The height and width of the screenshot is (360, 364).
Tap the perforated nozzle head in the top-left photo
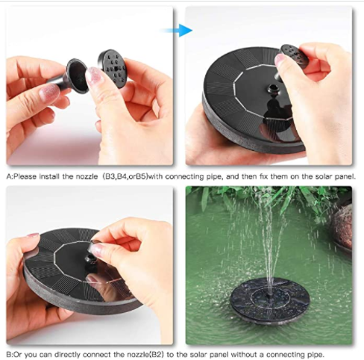[x=112, y=68]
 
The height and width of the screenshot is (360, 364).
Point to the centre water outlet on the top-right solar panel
[x=273, y=88]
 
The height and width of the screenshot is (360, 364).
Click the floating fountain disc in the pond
[x=270, y=301]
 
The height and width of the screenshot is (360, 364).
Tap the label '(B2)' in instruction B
[x=158, y=354]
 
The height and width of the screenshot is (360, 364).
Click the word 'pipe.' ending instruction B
[x=316, y=354]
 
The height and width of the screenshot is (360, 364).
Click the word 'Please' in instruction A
[x=25, y=176]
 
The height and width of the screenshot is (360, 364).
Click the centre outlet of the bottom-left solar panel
[x=90, y=260]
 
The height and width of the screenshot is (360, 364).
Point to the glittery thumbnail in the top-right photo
[x=280, y=60]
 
